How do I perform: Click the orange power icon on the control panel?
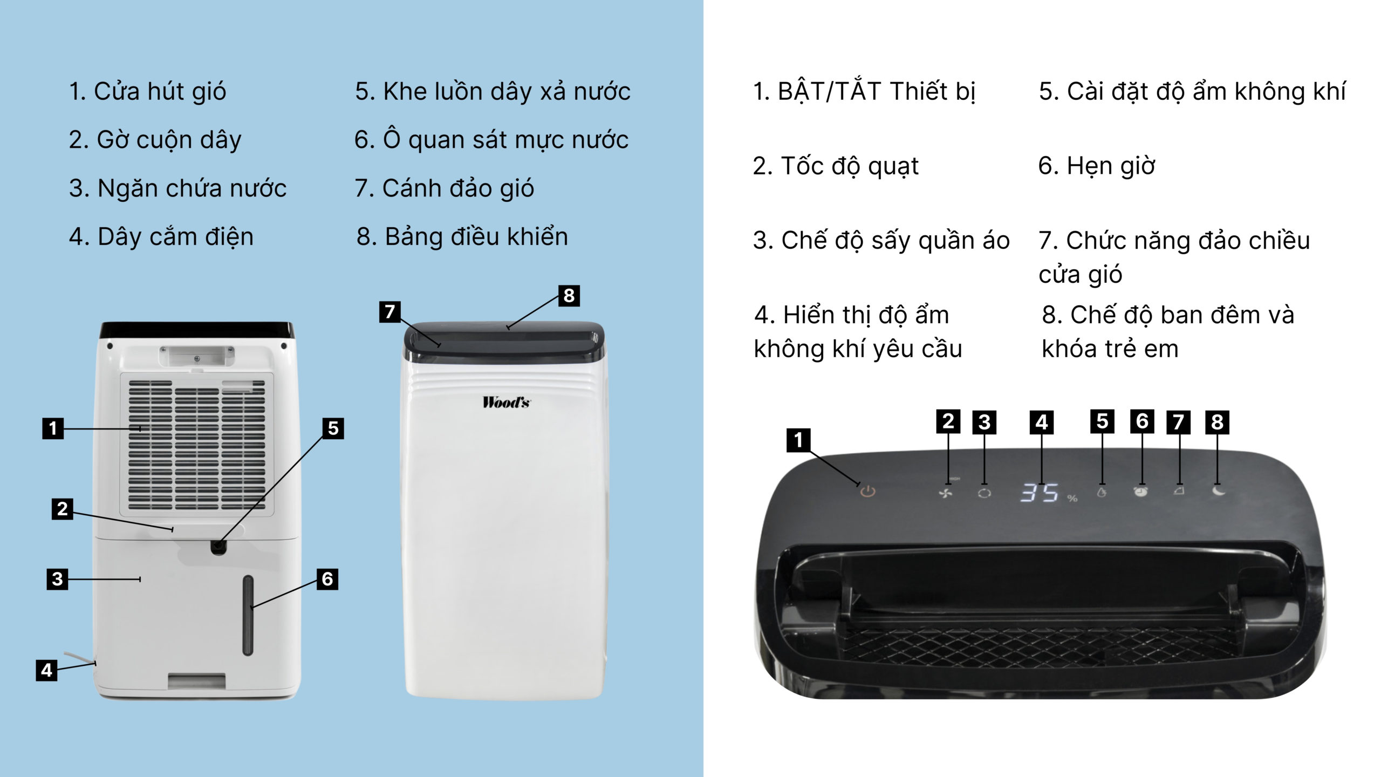coord(867,492)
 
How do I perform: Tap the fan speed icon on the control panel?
coord(946,493)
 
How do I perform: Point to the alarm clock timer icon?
coord(1141,492)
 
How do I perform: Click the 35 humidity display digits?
coord(1039,493)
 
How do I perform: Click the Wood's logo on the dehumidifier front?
coord(506,402)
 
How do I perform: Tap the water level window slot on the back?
coord(248,615)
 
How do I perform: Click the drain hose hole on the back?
coord(218,547)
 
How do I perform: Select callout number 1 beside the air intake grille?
coord(53,428)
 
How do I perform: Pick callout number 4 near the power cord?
coord(46,670)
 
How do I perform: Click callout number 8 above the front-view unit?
coord(569,296)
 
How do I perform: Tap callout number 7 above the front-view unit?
coord(390,311)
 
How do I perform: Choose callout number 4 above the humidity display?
coord(1041,422)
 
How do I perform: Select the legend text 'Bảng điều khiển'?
coord(476,236)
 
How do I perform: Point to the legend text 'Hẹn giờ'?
coord(1111,166)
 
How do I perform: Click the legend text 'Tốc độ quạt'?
coord(850,166)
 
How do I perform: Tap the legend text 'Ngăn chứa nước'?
coord(192,188)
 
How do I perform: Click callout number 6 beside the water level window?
coord(327,579)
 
